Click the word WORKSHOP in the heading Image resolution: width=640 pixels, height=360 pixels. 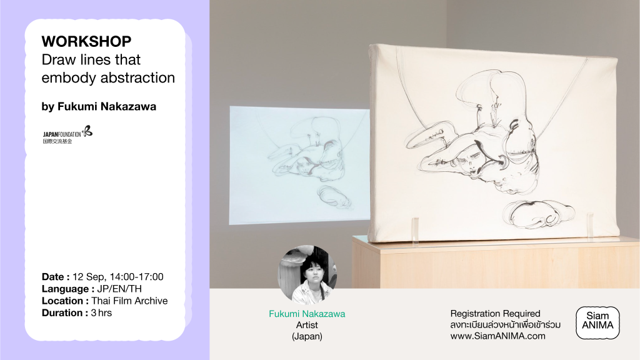(86, 42)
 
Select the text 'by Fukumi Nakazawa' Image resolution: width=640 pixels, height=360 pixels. (99, 106)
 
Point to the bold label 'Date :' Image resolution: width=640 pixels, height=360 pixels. (56, 277)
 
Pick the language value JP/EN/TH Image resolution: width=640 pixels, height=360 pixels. (119, 289)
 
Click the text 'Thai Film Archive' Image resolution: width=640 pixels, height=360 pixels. (129, 301)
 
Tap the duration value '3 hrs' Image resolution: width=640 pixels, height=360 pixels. (101, 313)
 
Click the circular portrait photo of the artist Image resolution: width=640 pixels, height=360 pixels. (307, 275)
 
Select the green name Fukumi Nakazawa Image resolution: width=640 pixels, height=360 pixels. (307, 314)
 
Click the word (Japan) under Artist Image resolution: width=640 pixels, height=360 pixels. (307, 336)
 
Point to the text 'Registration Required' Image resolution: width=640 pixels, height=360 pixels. (495, 314)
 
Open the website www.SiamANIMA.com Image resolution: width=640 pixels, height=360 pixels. (498, 336)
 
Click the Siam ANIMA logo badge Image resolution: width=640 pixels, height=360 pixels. (597, 322)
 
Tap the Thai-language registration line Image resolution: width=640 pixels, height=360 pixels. (505, 325)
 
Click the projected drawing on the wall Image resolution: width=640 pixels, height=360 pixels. (299, 165)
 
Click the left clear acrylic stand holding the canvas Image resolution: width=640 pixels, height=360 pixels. (415, 231)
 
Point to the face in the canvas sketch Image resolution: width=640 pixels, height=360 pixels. (469, 160)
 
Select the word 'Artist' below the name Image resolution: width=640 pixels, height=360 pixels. (307, 325)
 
